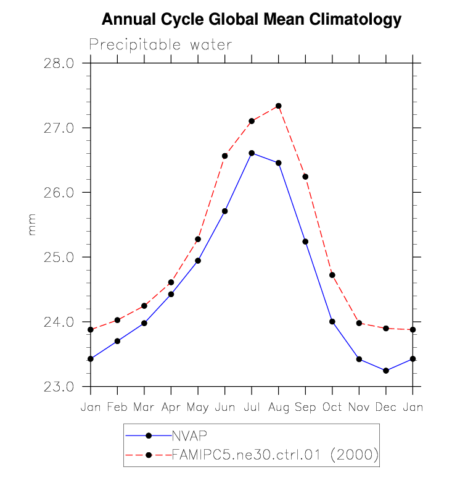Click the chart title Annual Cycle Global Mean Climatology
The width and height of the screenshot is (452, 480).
pos(251,20)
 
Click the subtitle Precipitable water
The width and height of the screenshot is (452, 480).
pos(160,45)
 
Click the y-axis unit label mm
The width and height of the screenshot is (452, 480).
pos(32,225)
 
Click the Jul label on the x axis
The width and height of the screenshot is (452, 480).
pos(251,408)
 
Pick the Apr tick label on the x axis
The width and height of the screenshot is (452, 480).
pos(171,408)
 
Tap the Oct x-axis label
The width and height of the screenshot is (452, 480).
pos(332,408)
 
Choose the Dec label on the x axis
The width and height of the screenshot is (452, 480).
pos(385,408)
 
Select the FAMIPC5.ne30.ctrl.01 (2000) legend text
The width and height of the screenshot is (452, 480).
pos(274,455)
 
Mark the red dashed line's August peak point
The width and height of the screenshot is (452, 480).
pos(279,106)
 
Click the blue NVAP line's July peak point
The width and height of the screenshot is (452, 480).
pos(252,153)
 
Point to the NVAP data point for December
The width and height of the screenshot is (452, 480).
pos(386,371)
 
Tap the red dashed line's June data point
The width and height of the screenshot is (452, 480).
pos(224,156)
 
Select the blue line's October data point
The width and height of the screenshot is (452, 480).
pos(332,321)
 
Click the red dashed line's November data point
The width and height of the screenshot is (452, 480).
pos(359,323)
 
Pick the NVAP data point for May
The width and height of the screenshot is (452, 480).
pos(198,261)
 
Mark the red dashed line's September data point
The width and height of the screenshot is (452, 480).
pos(305,177)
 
